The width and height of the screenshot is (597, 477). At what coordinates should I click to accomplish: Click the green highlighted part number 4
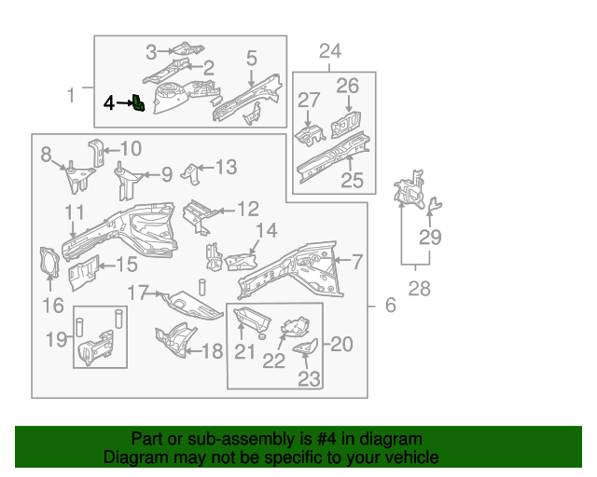pos(138,102)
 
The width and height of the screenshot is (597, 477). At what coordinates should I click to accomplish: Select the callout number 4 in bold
pos(109,102)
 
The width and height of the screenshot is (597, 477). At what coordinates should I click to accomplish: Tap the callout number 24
pos(331,51)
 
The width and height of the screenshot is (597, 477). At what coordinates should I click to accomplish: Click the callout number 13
pos(227,168)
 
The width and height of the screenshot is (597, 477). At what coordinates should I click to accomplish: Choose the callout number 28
pos(420,289)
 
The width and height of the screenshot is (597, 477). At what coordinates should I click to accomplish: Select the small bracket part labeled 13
pos(192,173)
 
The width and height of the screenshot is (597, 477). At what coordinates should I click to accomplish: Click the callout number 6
pos(390,305)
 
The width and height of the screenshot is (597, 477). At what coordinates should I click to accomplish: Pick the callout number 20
pos(342,344)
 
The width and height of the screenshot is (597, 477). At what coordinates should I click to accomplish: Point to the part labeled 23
pos(305,348)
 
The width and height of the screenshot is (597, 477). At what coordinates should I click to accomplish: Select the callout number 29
pos(429,238)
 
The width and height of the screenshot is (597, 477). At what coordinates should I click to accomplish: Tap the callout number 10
pos(131,148)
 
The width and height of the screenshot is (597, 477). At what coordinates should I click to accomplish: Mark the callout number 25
pos(351,180)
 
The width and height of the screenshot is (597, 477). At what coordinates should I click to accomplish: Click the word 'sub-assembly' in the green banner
pos(233,439)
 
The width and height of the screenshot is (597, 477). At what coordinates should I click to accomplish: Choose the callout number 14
pos(267,230)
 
